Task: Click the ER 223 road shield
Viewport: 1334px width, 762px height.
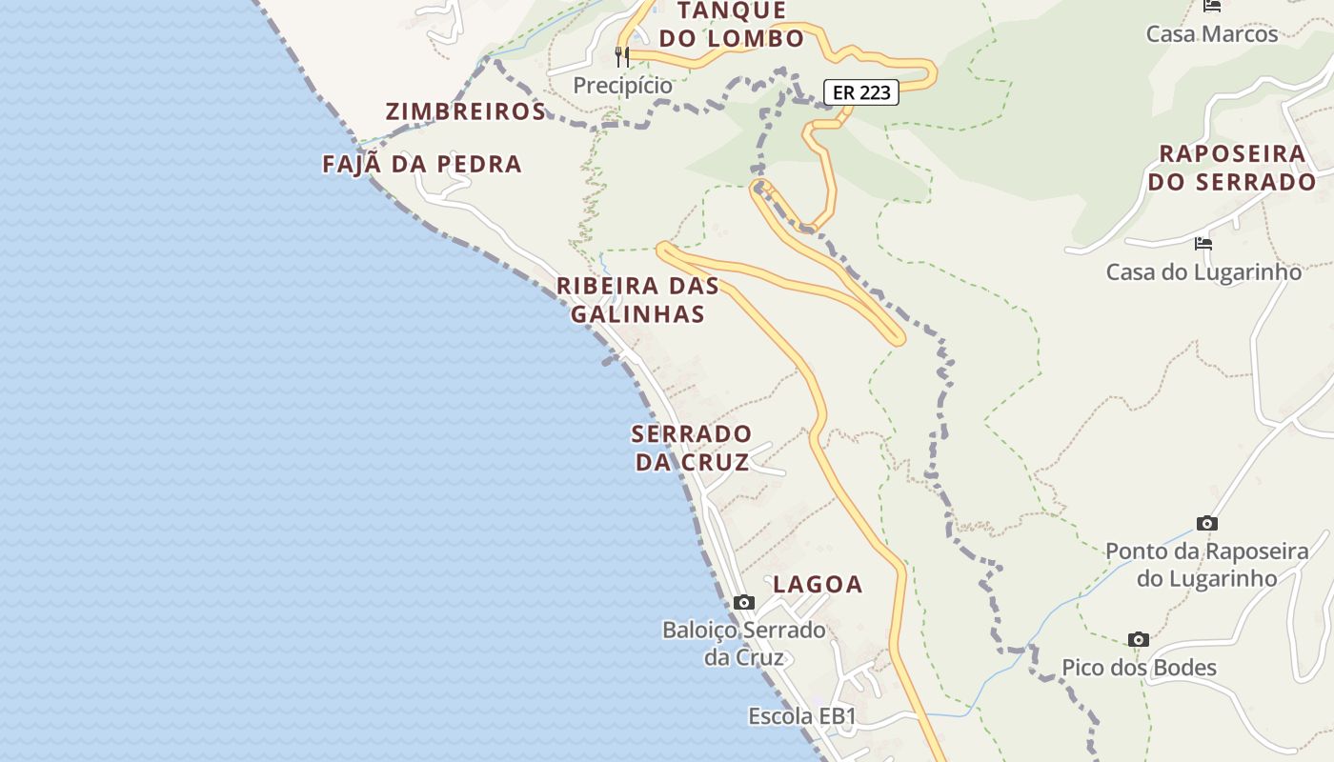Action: click(860, 92)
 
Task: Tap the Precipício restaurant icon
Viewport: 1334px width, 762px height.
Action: click(622, 57)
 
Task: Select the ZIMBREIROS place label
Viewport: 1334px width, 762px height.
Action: click(465, 111)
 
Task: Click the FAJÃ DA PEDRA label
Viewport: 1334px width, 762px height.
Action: click(422, 164)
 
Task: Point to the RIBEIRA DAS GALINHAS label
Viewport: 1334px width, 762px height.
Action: click(637, 299)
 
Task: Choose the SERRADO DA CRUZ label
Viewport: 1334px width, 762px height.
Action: click(692, 448)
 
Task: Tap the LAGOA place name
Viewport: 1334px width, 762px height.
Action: click(818, 584)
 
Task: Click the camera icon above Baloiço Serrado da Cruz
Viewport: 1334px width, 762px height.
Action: click(744, 602)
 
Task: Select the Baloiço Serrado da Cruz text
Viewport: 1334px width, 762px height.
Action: click(744, 643)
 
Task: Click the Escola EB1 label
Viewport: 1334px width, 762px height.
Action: click(802, 716)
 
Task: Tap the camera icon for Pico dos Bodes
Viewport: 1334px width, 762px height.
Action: click(1138, 639)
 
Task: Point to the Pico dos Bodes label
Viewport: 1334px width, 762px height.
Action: click(1139, 668)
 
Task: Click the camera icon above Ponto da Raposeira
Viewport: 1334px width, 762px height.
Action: click(1207, 523)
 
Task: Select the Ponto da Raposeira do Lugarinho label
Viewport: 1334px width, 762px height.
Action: click(1206, 564)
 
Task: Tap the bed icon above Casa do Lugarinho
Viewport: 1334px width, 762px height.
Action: click(1203, 244)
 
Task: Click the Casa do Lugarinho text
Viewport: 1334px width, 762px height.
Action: click(1203, 272)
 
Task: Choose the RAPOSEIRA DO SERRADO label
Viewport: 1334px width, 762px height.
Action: click(1231, 168)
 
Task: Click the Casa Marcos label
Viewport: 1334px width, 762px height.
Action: click(1211, 34)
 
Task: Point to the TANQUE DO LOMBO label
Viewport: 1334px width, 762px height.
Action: click(732, 25)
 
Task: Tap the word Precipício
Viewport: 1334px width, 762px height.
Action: click(622, 86)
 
